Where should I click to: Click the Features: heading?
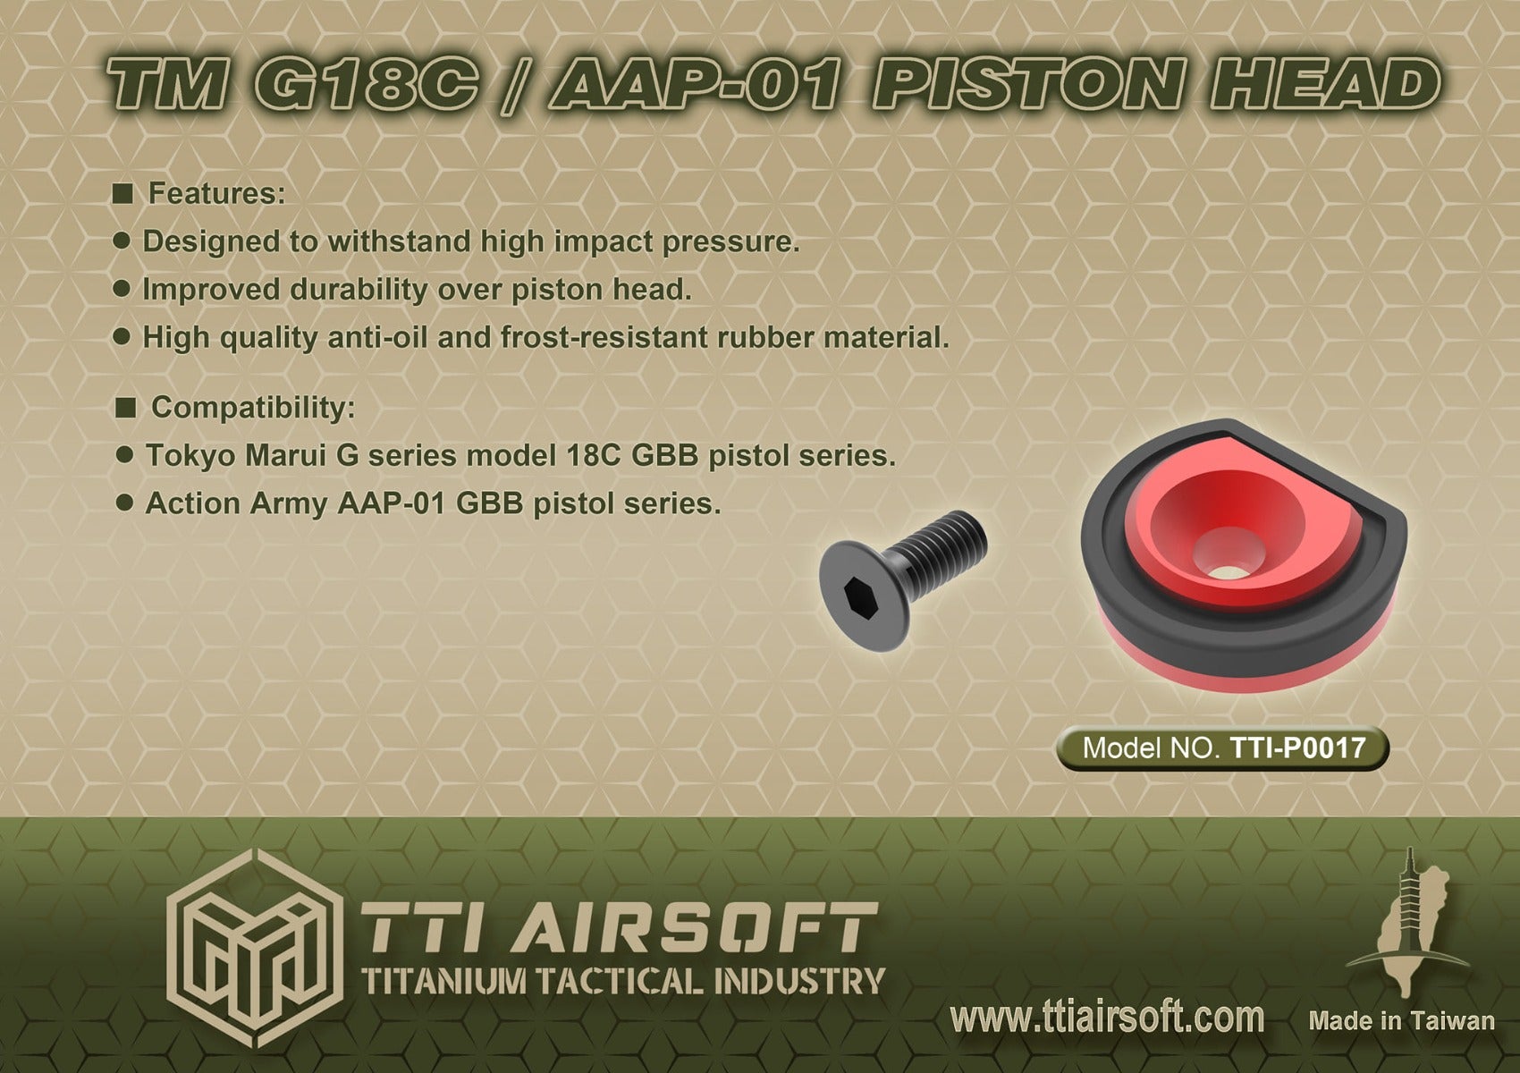click(216, 193)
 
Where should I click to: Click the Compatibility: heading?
click(253, 408)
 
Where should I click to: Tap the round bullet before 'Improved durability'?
click(124, 289)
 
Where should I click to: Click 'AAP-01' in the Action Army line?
click(393, 504)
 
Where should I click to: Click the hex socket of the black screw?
click(856, 593)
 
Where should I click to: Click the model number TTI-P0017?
click(1298, 748)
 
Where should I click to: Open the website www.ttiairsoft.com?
click(1107, 1018)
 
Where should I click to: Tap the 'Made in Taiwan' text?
click(1401, 1021)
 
